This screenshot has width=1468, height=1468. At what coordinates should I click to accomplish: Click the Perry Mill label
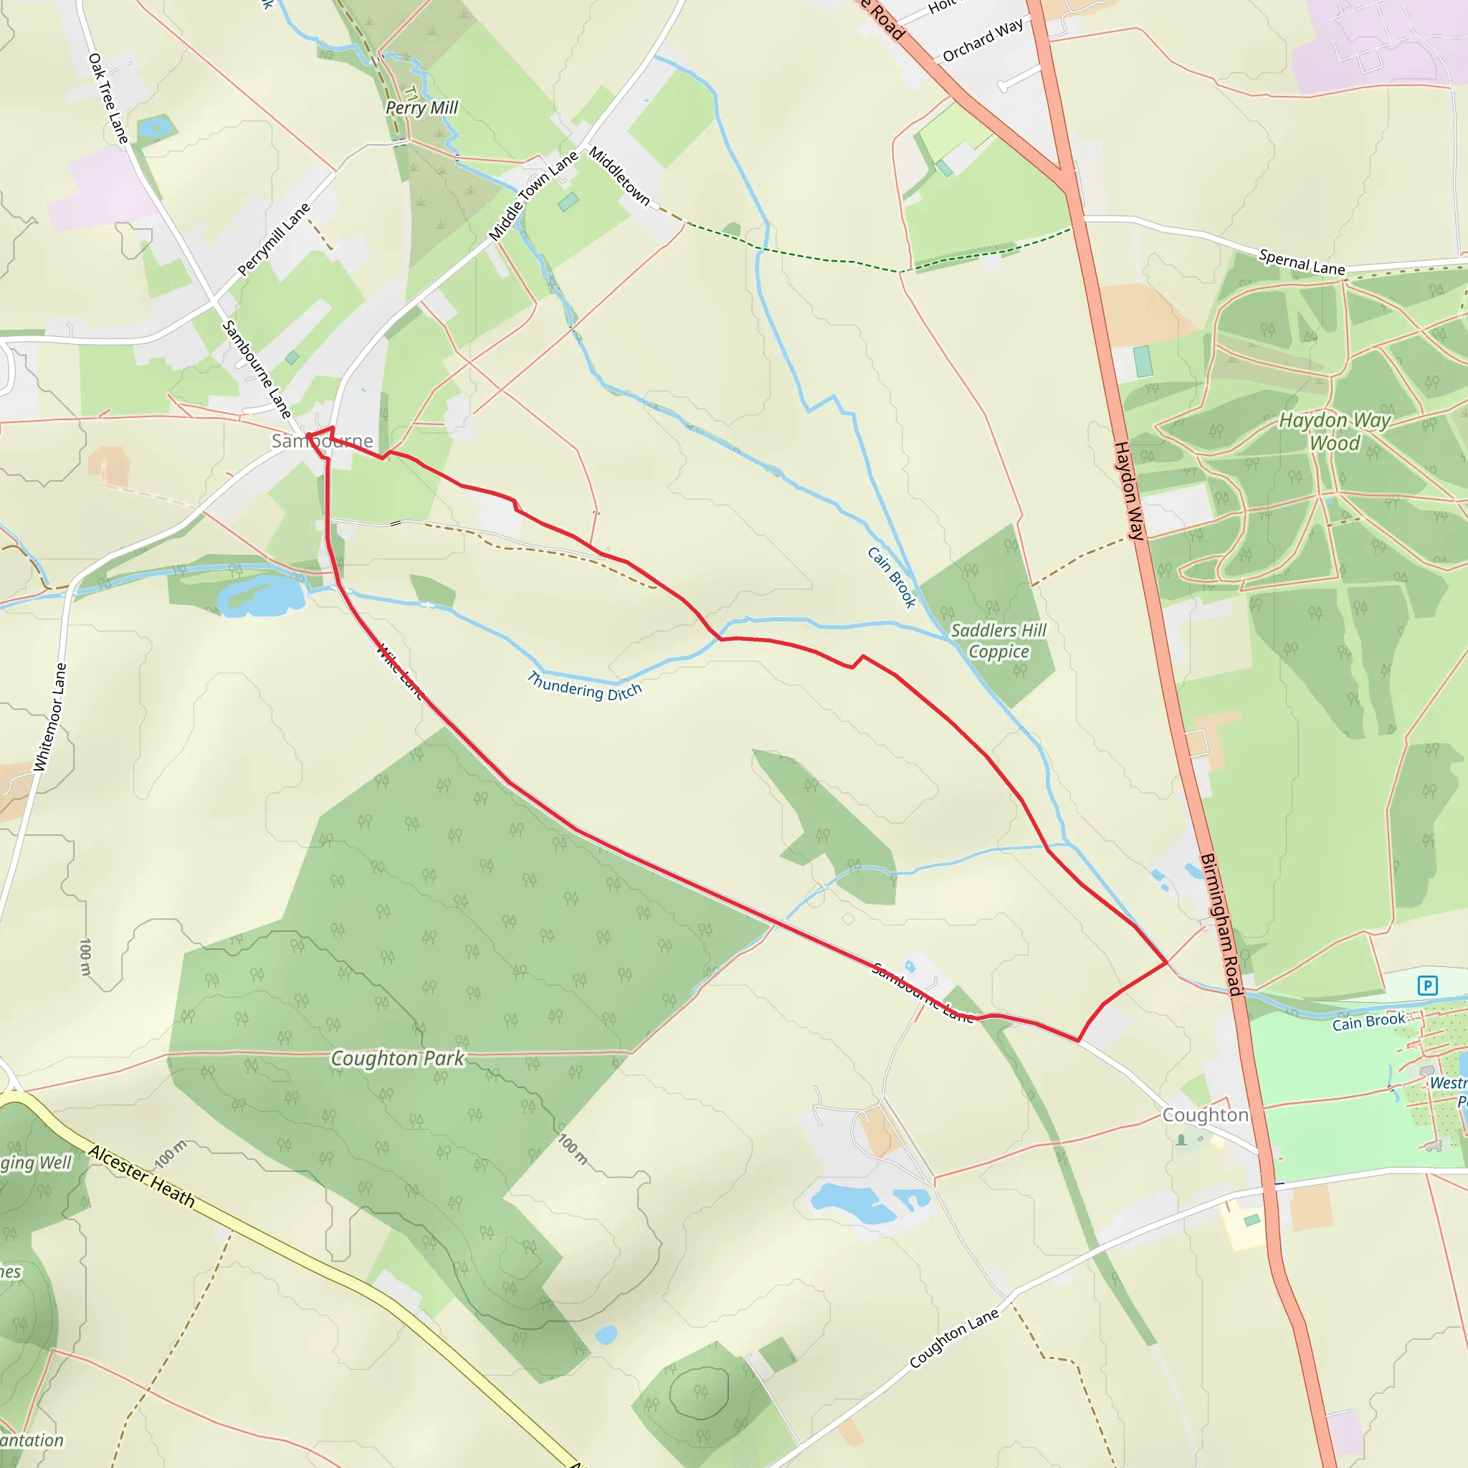(421, 108)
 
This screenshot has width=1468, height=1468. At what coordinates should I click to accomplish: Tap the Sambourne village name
(322, 441)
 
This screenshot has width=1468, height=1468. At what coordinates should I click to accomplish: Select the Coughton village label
(1205, 1115)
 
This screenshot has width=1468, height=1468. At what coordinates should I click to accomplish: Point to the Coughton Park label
(396, 1059)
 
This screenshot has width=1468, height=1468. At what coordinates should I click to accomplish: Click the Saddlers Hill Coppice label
(998, 641)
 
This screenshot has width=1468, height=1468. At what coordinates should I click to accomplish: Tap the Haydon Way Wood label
(1334, 431)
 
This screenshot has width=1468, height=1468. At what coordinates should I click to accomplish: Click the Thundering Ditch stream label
(584, 686)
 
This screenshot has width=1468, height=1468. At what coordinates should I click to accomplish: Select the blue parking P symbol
(1428, 986)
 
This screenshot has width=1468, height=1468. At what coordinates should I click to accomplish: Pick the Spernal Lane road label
(1302, 262)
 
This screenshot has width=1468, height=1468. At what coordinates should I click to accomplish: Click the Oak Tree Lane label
(108, 98)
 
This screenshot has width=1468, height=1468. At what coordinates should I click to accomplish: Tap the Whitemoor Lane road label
(50, 718)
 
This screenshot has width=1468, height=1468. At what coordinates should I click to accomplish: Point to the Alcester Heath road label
(142, 1176)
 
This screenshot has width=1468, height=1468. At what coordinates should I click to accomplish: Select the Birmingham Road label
(1221, 924)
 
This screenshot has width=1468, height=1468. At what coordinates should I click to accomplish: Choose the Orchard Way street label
(983, 41)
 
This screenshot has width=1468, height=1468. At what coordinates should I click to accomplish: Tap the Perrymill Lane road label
(274, 239)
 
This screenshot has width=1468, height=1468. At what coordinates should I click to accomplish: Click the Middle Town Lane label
(533, 196)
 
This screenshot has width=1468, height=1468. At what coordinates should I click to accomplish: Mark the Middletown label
(619, 176)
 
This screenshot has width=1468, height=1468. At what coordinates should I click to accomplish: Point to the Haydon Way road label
(1128, 490)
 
